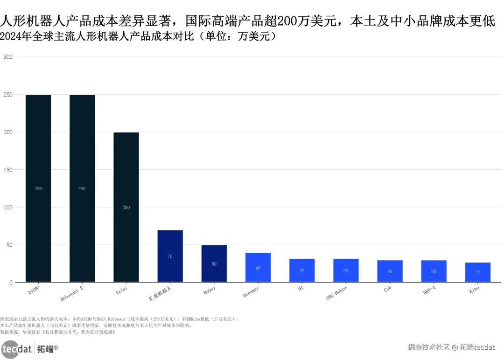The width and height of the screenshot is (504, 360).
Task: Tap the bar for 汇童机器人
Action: (170, 256)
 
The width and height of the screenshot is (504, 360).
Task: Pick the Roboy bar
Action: (214, 263)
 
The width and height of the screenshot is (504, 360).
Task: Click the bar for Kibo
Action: (477, 272)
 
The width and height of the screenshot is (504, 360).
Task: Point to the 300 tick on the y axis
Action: (8, 57)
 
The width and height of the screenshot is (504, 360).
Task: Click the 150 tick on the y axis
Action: (8, 170)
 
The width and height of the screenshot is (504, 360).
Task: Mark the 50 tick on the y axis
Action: (9, 245)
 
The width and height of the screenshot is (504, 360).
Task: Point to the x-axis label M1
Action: (301, 289)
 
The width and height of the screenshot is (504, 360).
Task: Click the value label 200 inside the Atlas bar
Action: (126, 208)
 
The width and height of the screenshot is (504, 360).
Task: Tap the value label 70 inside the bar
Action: (170, 256)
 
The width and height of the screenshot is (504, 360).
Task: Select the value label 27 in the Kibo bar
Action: (477, 272)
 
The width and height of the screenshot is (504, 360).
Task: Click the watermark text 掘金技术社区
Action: (428, 347)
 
